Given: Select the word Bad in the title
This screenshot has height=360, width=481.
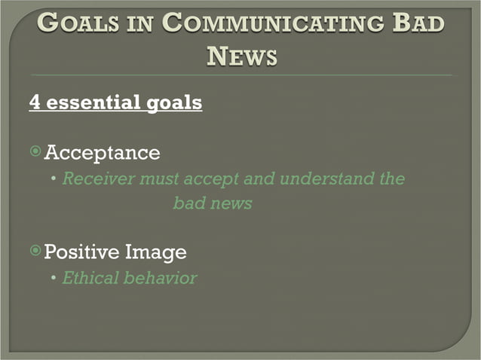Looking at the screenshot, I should coord(420,23).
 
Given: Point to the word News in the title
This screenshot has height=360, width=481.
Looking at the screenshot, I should coord(240,55).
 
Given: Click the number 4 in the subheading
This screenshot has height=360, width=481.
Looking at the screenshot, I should coord(35,102).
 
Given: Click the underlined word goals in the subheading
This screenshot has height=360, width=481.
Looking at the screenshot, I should coord(172,102).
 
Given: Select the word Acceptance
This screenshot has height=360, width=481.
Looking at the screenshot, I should coord(102,153).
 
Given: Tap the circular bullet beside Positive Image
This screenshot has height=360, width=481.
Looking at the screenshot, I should coord(35,251).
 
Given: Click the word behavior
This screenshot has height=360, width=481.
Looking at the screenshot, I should coord(161,278).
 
